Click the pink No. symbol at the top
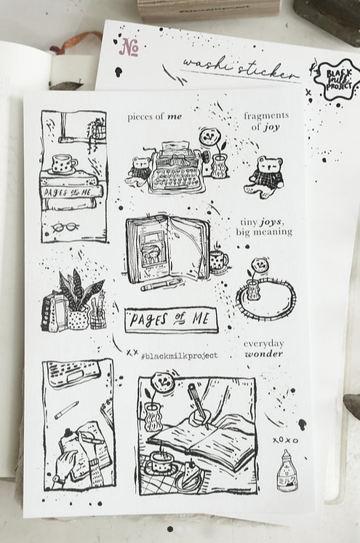[129, 47]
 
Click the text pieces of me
[155, 116]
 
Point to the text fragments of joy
[265, 121]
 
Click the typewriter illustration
[176, 169]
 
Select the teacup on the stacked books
[64, 164]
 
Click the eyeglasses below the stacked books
[65, 226]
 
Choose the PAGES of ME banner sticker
[171, 319]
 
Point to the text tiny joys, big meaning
[263, 227]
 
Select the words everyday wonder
[263, 348]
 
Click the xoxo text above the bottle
[286, 440]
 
